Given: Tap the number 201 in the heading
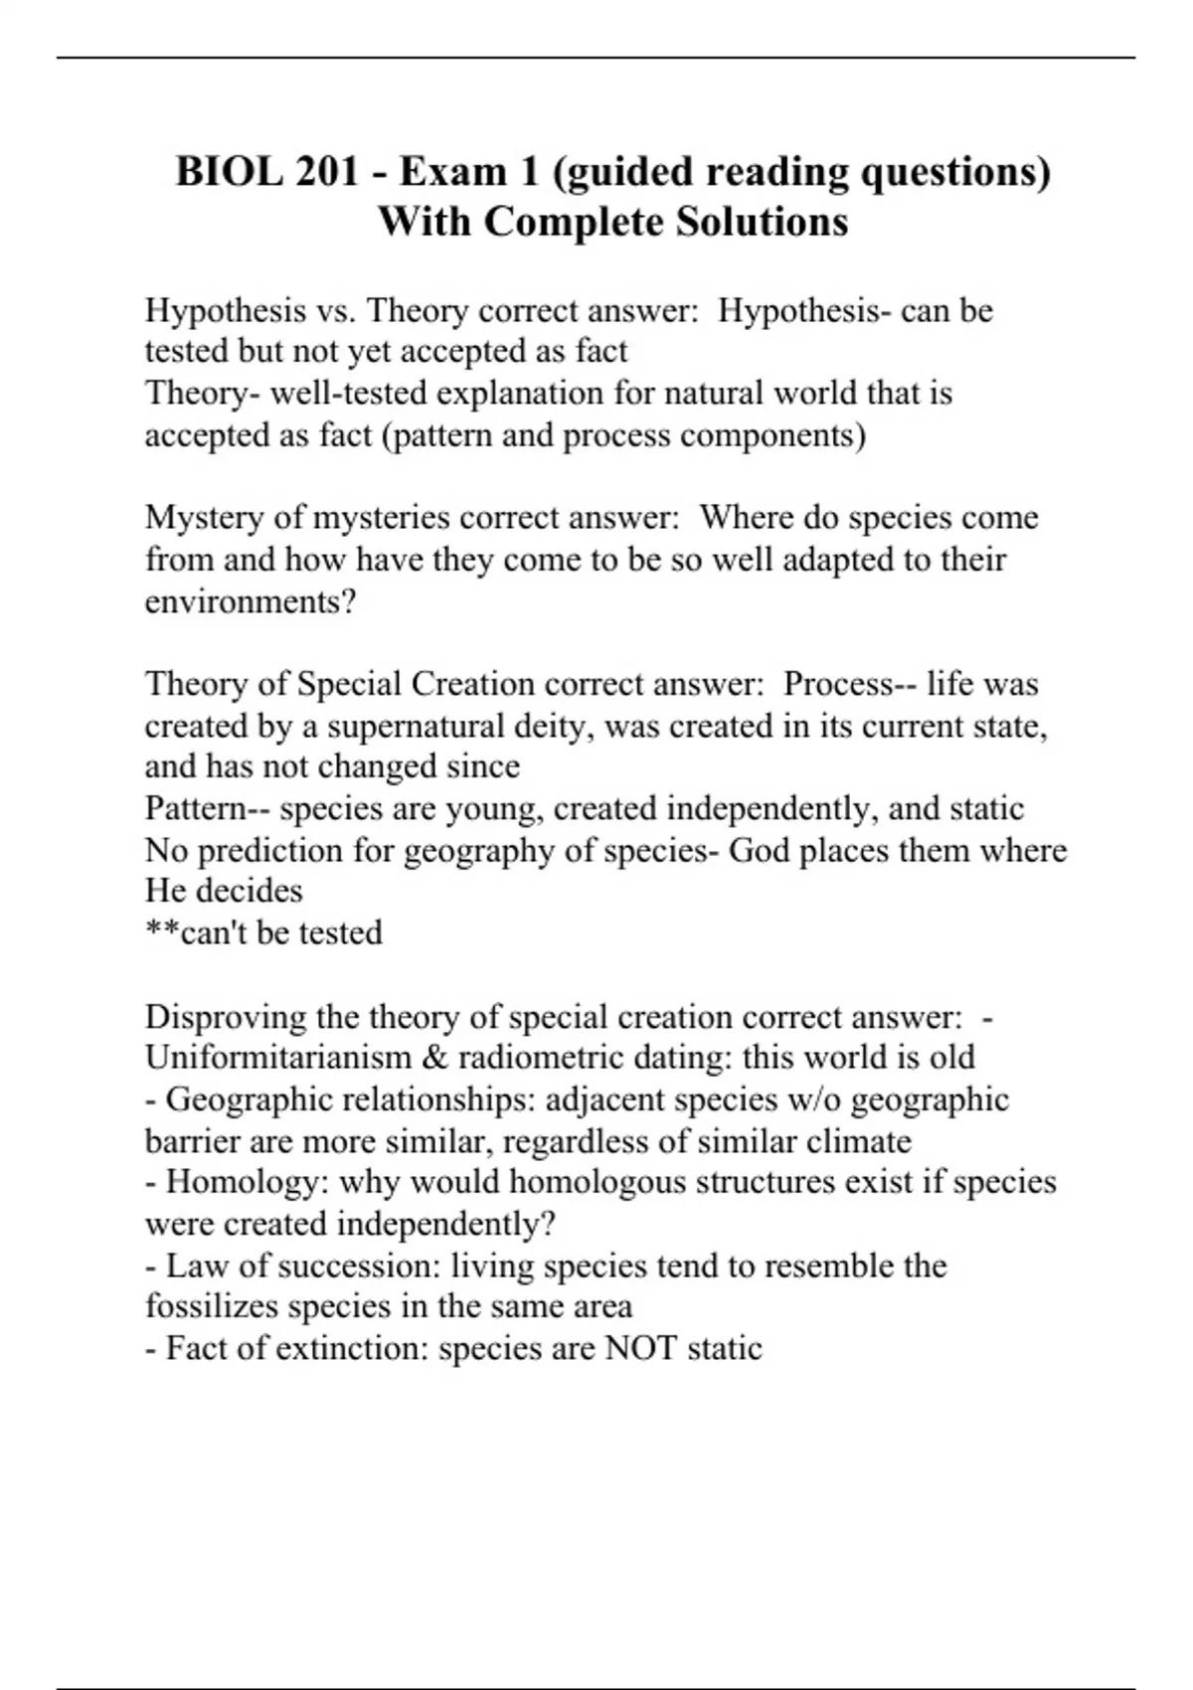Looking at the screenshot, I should [326, 172].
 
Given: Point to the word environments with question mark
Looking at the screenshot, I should [251, 602].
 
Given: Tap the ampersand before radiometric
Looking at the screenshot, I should [433, 1057].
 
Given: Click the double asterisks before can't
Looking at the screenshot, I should [162, 931].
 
